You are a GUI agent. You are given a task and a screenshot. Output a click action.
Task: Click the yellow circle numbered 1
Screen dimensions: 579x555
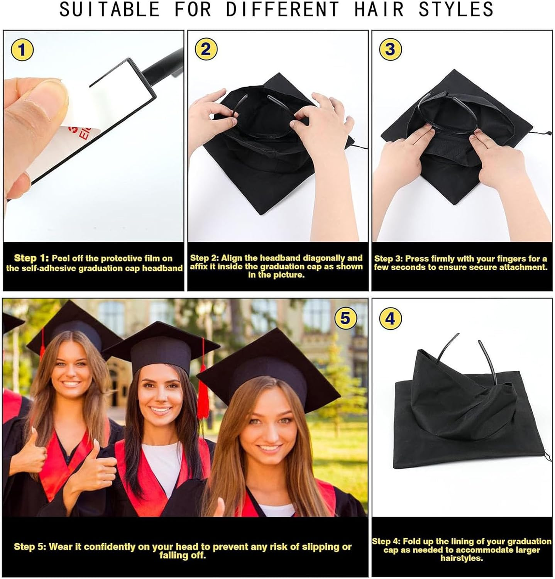22,50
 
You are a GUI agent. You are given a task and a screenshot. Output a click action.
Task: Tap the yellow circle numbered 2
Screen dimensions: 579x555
206,49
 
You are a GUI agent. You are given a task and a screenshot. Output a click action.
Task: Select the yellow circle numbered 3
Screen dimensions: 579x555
390,49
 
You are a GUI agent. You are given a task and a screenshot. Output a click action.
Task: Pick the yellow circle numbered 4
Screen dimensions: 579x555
390,319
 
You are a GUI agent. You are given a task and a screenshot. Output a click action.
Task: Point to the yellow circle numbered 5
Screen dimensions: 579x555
345,318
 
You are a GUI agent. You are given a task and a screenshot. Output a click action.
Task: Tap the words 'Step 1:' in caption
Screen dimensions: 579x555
31,258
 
